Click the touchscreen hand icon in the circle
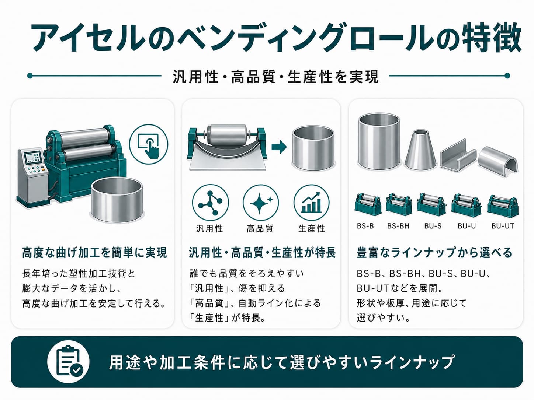point(148,144)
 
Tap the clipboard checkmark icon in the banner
point(68,361)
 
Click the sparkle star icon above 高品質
point(261,203)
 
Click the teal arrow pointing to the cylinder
point(279,147)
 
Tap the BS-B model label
point(365,226)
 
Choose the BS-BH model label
point(398,226)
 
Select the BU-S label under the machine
point(433,226)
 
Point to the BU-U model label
point(467,226)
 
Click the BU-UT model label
point(503,226)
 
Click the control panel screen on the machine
point(32,157)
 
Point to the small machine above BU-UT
point(503,206)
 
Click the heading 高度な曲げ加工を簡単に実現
point(94,253)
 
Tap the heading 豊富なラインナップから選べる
point(434,253)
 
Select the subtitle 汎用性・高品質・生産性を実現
point(275,77)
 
